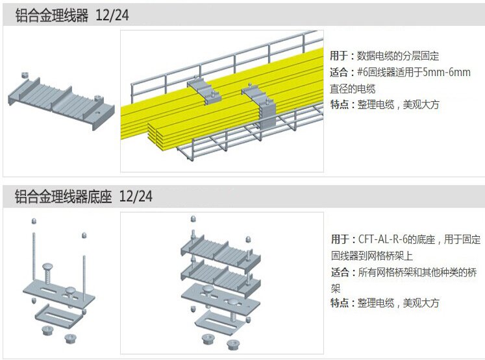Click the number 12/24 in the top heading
(112, 16)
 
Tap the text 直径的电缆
(353, 89)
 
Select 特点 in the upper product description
(340, 104)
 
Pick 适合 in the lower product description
(340, 272)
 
